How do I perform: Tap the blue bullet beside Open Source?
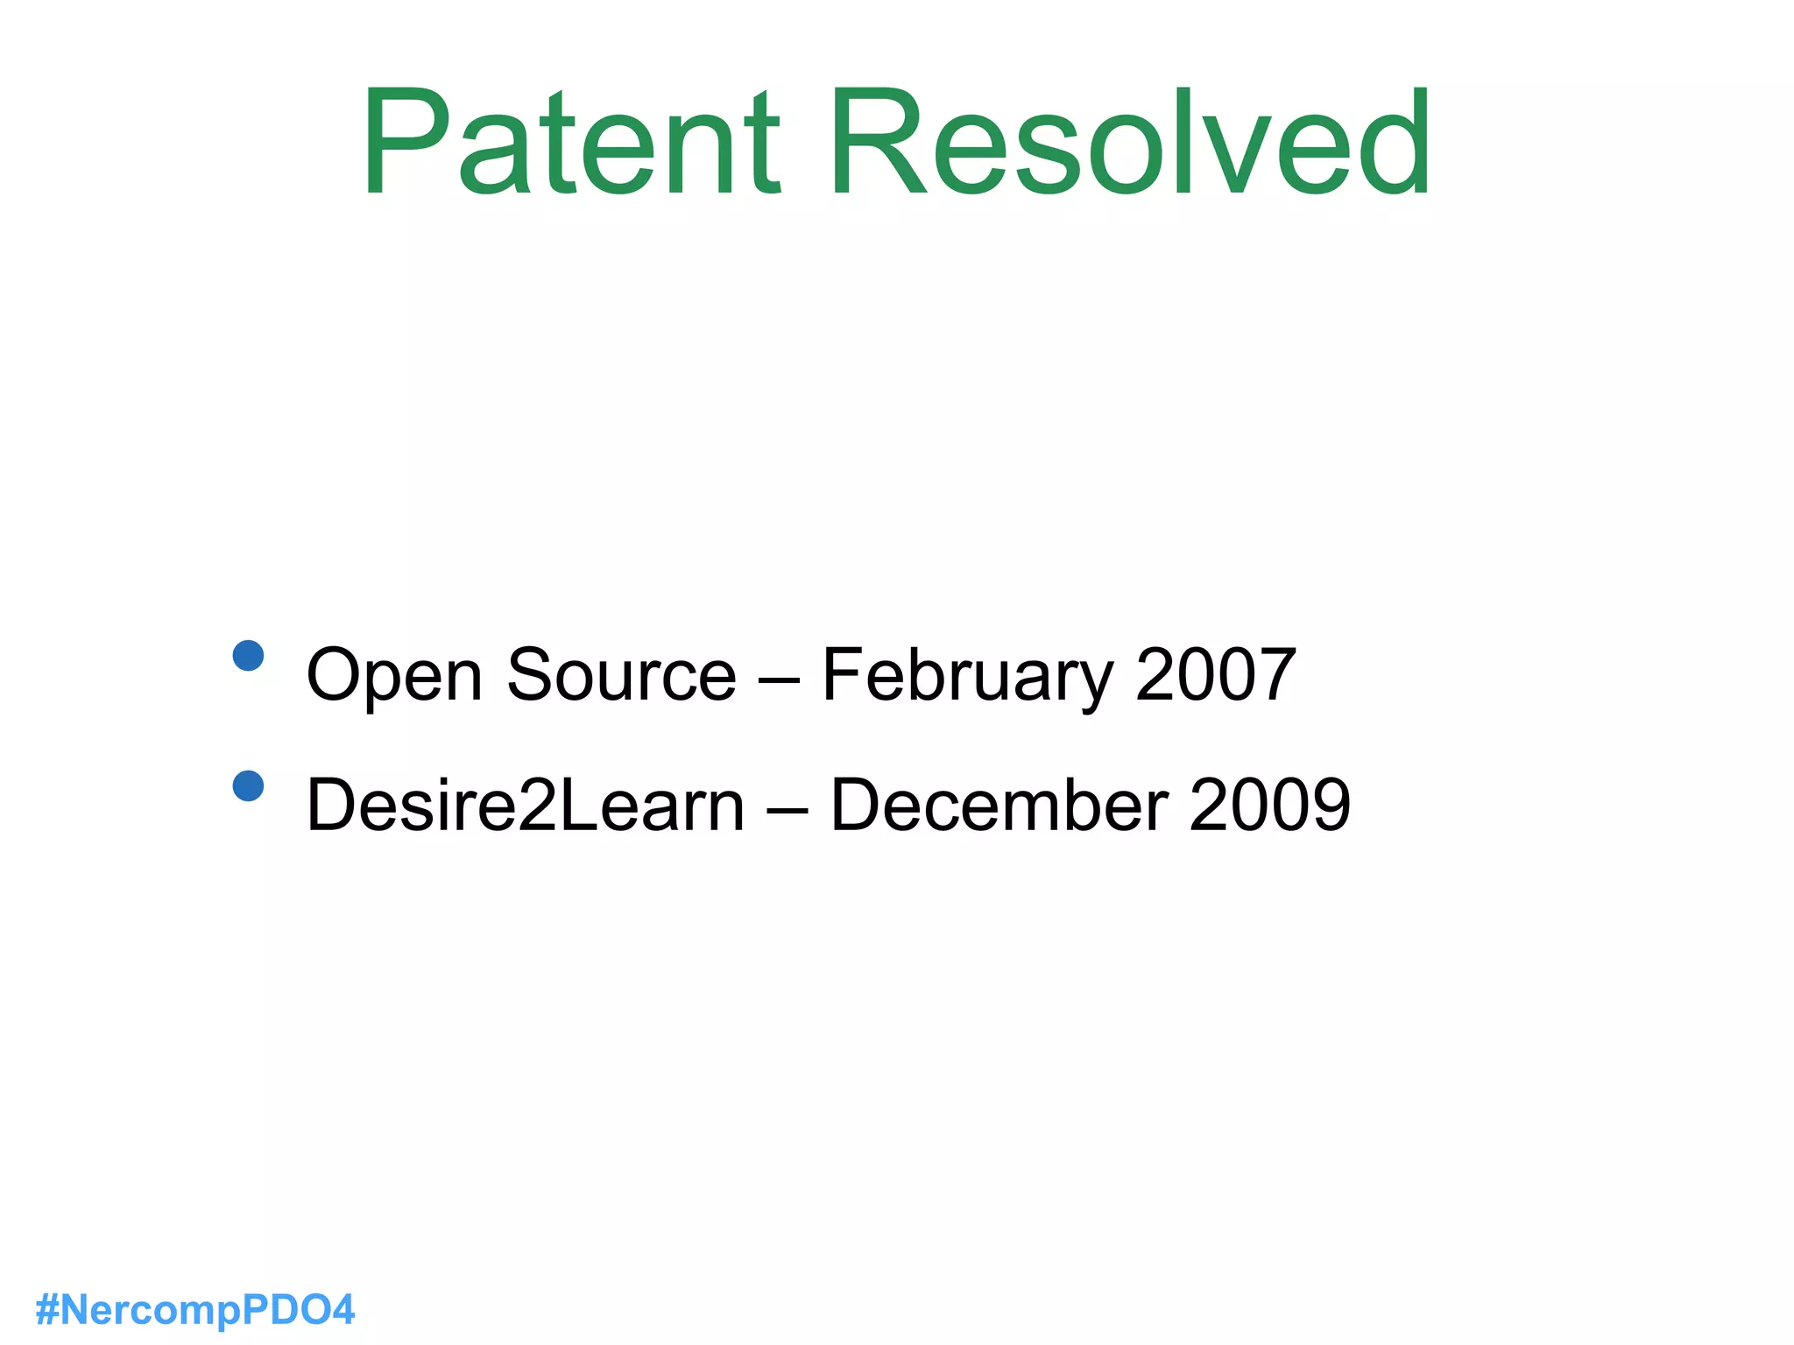coord(249,655)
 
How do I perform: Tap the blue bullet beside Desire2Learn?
coord(249,785)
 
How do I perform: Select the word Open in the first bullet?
coord(394,676)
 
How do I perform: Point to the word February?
coord(967,676)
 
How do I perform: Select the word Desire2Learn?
coord(526,805)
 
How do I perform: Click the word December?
coord(999,805)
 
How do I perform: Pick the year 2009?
coord(1269,805)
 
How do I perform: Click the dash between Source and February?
coord(779,680)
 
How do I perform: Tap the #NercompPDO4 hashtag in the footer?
coord(195,1310)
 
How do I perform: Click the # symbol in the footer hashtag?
coord(46,1310)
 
